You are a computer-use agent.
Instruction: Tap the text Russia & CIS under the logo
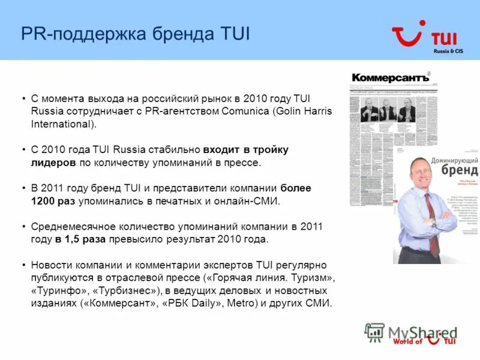(448, 52)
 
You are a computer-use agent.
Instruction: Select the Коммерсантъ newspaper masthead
(390, 78)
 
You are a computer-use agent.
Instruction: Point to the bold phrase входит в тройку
(246, 149)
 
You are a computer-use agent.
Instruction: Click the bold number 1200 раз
(53, 201)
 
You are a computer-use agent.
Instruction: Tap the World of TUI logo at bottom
(424, 340)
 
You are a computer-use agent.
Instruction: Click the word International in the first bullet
(62, 124)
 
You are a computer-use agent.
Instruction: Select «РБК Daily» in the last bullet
(195, 303)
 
